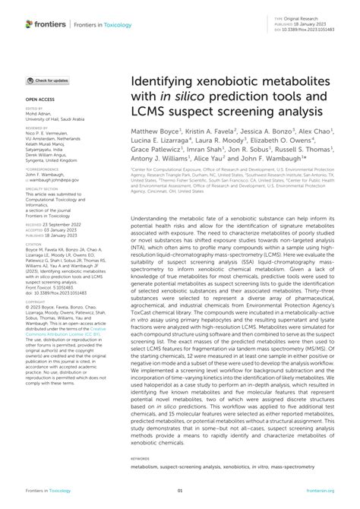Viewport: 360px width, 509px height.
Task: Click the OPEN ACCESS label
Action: click(x=39, y=100)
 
